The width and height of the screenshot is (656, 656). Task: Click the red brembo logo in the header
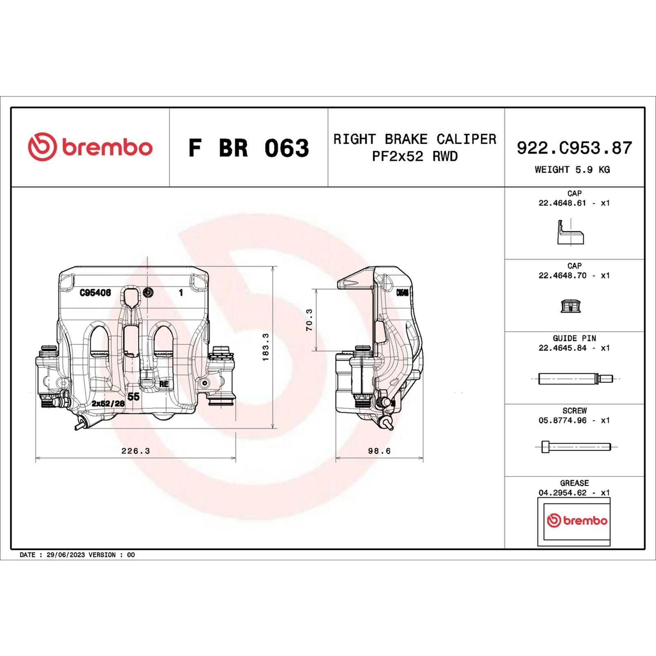[x=90, y=147]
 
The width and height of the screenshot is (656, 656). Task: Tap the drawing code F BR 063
[x=248, y=148]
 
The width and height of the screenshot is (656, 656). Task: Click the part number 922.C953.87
[x=574, y=148]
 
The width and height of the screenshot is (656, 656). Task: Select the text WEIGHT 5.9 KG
[x=572, y=170]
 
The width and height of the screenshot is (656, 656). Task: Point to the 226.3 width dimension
[x=135, y=451]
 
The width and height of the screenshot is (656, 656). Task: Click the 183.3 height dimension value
[x=266, y=347]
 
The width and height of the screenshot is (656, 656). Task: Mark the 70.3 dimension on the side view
[x=309, y=320]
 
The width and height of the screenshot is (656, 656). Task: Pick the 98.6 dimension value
[x=379, y=451]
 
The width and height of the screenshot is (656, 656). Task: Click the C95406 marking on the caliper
[x=95, y=293]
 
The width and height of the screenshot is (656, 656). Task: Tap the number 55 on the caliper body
[x=133, y=396]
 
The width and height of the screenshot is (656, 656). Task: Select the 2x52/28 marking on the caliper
[x=108, y=403]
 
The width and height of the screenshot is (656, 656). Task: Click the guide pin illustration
[x=575, y=378]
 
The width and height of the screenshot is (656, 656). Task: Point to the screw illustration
[x=575, y=447]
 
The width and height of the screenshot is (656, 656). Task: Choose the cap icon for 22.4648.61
[x=570, y=233]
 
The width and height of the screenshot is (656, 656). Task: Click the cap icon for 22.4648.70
[x=571, y=306]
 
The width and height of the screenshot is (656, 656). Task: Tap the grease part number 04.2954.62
[x=563, y=493]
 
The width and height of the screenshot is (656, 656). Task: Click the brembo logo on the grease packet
[x=577, y=520]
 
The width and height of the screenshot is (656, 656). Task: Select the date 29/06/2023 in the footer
[x=66, y=555]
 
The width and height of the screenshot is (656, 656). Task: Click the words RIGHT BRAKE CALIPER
[x=415, y=139]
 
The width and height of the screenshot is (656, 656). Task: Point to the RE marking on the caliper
[x=164, y=384]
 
